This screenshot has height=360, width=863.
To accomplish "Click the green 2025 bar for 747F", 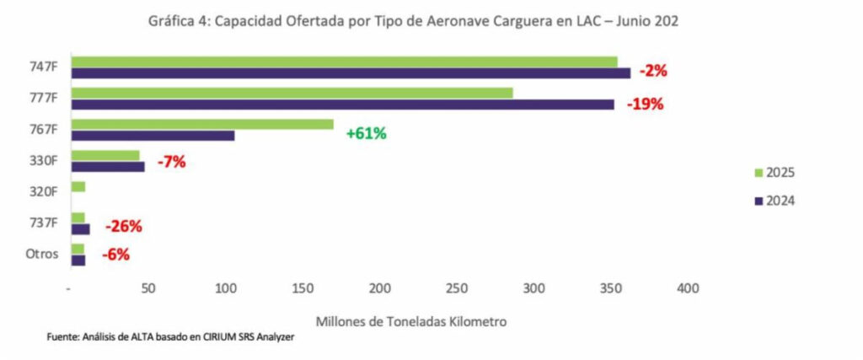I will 344,62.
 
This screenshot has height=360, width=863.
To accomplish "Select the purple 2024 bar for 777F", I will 342,104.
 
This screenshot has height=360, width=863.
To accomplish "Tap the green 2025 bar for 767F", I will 202,124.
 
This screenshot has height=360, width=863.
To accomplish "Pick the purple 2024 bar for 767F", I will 153,135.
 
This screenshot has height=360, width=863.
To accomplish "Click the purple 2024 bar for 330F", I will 108,166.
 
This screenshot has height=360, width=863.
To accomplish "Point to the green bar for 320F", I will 78,186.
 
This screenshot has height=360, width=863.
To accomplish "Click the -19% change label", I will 646,105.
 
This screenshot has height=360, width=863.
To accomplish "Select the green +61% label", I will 366,133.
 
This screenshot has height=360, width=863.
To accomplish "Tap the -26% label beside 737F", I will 123,226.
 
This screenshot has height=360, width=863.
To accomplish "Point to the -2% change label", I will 653,72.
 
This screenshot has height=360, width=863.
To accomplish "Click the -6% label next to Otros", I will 115,255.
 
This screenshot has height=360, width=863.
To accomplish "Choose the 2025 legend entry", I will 775,173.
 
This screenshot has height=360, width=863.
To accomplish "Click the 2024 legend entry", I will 775,201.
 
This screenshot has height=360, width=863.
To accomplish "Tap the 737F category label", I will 43,223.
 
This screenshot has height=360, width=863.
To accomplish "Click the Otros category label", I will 42,254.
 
